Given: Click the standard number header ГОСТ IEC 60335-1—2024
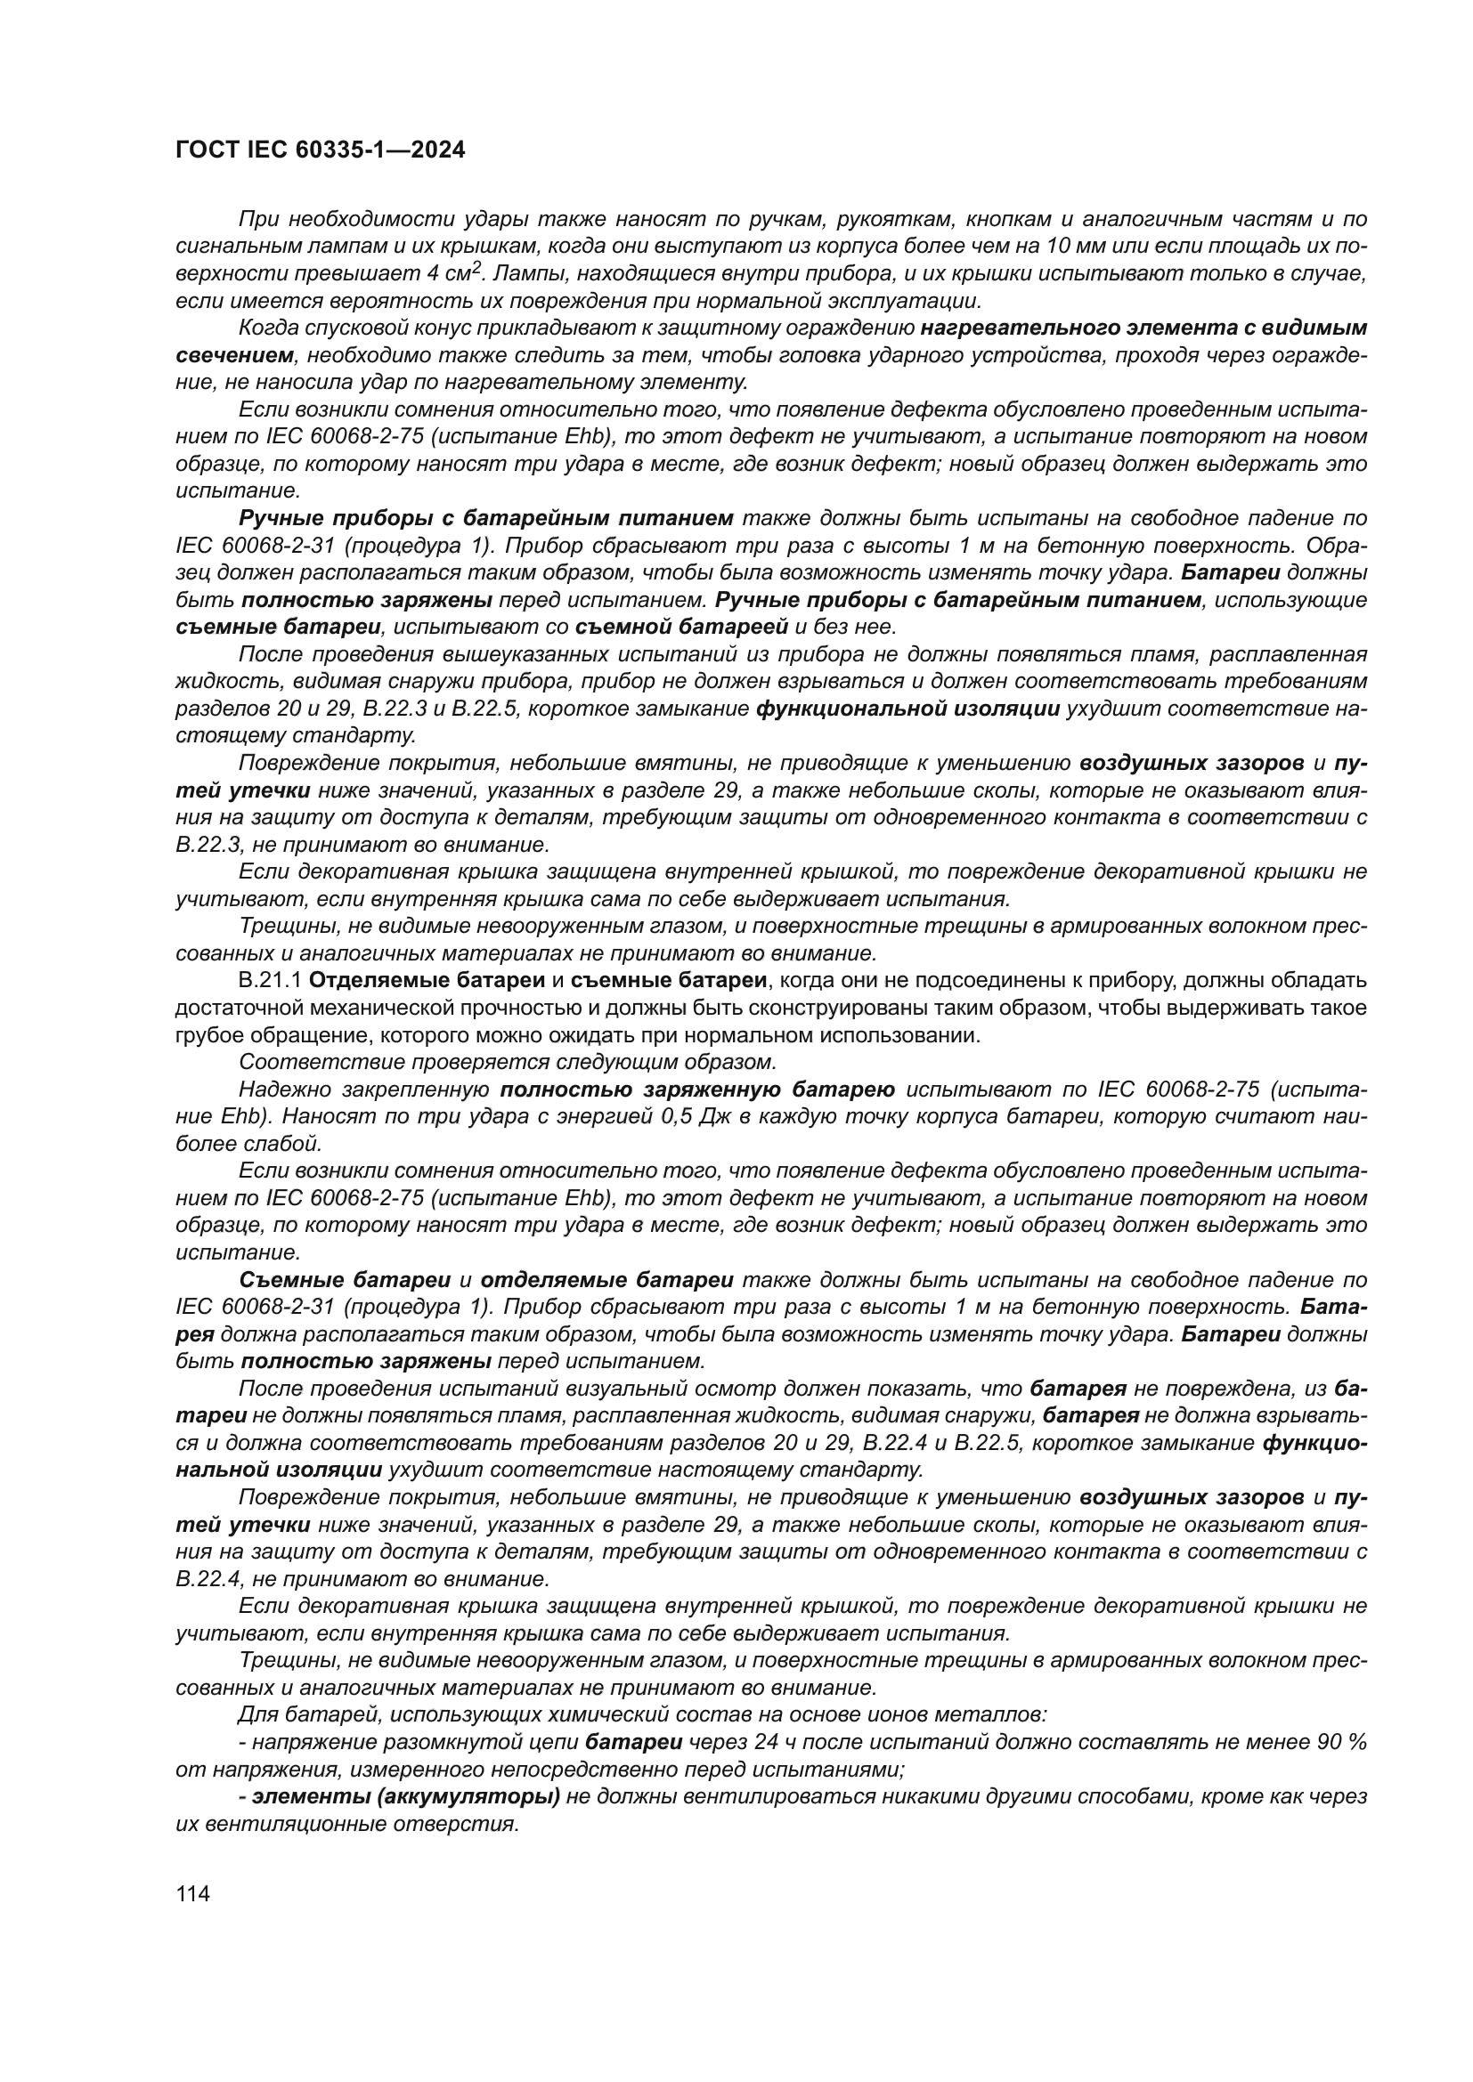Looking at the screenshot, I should [x=320, y=150].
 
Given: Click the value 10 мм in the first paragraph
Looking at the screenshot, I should [x=1076, y=246].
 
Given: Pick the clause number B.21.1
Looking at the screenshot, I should [x=271, y=980].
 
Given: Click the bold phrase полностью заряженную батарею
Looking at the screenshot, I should [x=696, y=1089].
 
